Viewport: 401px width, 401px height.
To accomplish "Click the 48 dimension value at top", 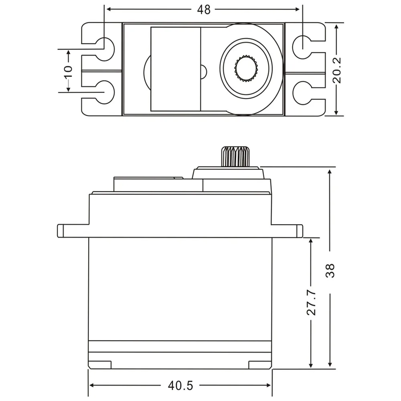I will tap(204, 10).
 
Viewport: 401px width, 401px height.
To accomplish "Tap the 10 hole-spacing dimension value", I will tap(69, 71).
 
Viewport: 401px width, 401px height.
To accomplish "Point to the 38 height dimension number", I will tap(330, 270).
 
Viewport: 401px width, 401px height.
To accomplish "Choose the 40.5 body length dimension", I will tap(180, 386).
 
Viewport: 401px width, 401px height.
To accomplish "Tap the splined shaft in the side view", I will tap(235, 157).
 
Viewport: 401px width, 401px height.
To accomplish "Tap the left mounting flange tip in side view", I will tap(61, 231).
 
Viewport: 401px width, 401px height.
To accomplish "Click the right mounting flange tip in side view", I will tap(299, 231).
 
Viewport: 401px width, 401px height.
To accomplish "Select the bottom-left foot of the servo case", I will tap(100, 365).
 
